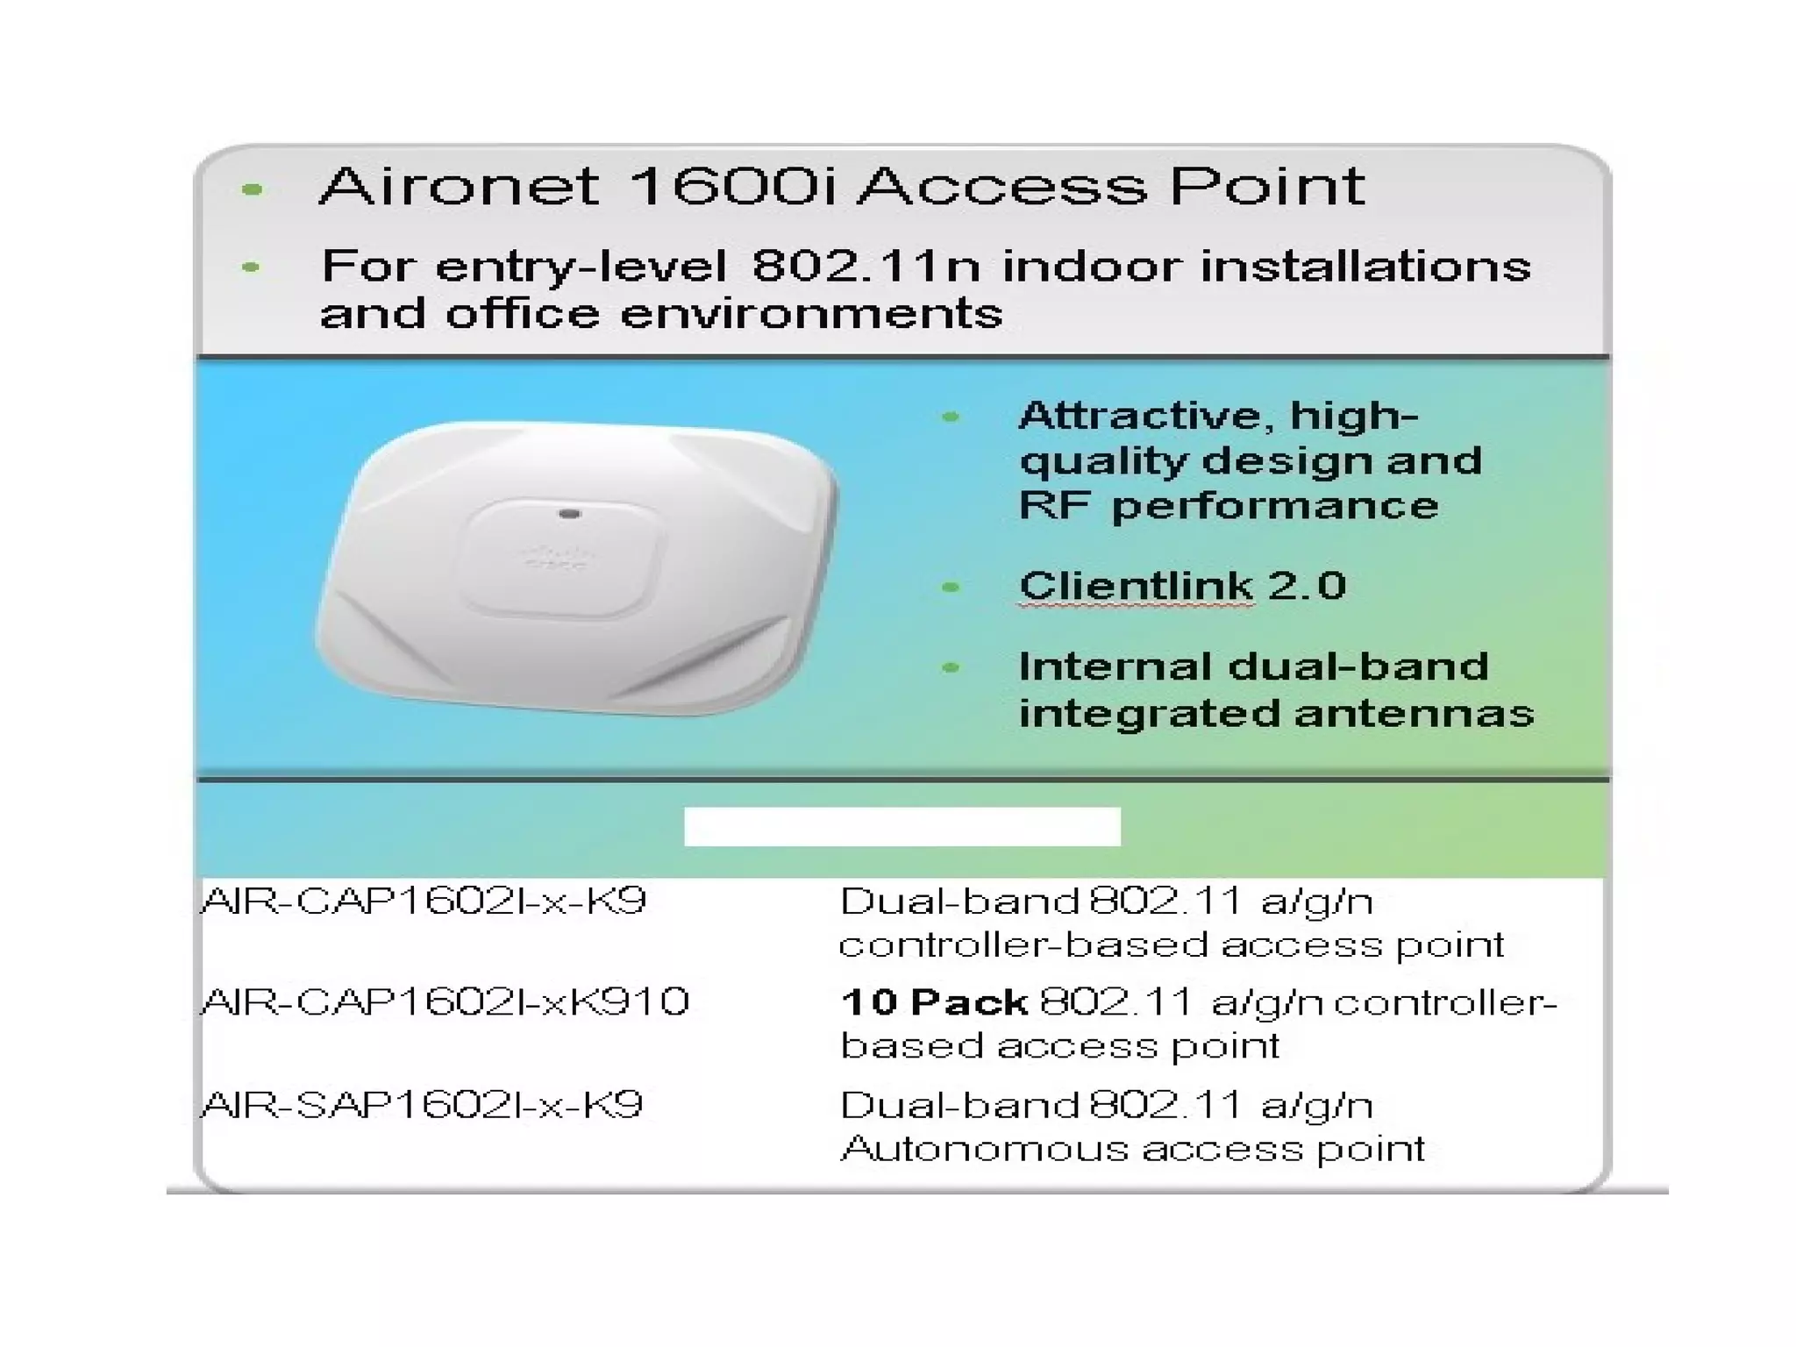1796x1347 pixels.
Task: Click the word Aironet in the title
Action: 460,187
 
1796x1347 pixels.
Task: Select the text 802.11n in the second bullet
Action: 866,266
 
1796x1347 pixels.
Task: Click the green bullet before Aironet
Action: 253,189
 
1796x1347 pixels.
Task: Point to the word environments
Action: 811,314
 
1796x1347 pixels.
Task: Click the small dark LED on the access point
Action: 569,513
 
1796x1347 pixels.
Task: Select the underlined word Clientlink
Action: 1136,586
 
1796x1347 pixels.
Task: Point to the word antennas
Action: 1414,713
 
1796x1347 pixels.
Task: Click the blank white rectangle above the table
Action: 902,826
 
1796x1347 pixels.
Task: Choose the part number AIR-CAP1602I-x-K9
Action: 424,901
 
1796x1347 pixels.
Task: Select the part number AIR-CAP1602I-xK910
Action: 445,1001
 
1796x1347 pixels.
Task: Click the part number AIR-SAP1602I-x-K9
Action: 422,1104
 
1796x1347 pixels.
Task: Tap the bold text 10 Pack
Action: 933,1001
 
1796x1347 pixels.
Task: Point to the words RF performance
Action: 1228,506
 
